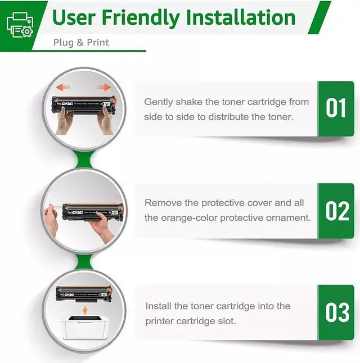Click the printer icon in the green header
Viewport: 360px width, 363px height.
tap(20, 25)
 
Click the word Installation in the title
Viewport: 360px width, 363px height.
tap(241, 17)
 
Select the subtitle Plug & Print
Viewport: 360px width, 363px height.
tap(81, 42)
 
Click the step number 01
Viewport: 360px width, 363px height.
tap(336, 108)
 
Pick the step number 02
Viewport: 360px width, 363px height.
tap(337, 211)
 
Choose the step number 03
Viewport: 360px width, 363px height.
tap(337, 312)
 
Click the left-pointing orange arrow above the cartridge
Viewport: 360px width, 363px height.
tap(63, 87)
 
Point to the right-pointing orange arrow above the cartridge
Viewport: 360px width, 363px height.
tap(104, 87)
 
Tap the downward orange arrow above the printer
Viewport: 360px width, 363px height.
tap(85, 310)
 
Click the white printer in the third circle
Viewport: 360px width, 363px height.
tap(85, 327)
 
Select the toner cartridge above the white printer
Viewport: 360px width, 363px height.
tap(84, 294)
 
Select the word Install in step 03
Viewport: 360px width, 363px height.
tap(159, 306)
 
